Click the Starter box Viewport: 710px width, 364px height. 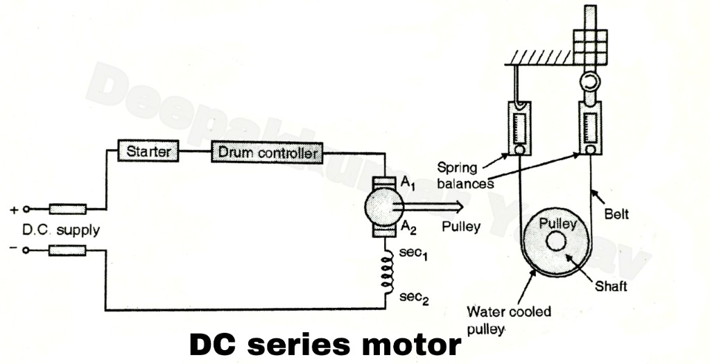click(x=148, y=150)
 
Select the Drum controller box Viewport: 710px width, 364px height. click(x=267, y=152)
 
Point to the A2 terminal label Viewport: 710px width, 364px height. click(x=409, y=229)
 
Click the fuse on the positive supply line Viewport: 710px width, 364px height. click(x=67, y=208)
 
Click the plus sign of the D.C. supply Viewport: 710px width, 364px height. click(x=13, y=209)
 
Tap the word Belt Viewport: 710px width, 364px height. click(x=616, y=215)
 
